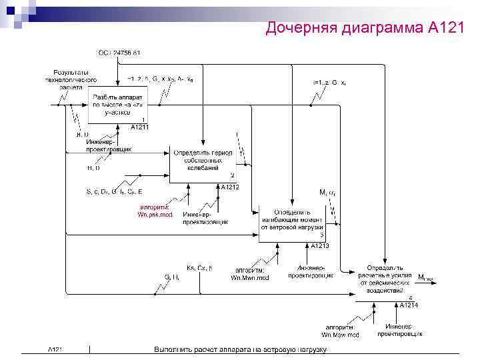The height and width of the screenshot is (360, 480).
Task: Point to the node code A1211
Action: click(139, 127)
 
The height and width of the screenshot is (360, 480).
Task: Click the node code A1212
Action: click(230, 187)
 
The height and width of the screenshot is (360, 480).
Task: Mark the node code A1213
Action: click(319, 246)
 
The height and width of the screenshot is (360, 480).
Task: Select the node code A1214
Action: click(409, 305)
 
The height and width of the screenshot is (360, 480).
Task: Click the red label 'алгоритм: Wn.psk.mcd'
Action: click(154, 211)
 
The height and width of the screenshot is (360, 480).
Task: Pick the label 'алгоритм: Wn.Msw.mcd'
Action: click(340, 331)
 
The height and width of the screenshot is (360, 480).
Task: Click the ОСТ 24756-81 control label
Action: click(118, 52)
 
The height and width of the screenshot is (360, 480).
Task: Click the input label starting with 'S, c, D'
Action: click(113, 192)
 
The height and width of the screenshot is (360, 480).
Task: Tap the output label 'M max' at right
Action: click(425, 277)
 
